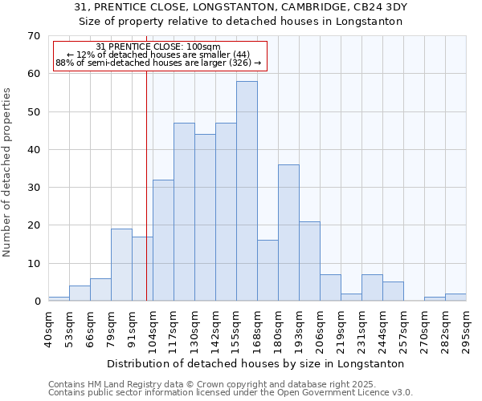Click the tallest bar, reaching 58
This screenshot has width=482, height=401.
pyautogui.click(x=247, y=191)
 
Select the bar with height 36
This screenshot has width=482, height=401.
pyautogui.click(x=288, y=233)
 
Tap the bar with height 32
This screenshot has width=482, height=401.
pyautogui.click(x=163, y=241)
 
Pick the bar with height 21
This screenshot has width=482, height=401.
pyautogui.click(x=309, y=261)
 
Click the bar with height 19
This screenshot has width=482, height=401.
pyautogui.click(x=121, y=265)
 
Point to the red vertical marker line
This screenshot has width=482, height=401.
pyautogui.click(x=146, y=184)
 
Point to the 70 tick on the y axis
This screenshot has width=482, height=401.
pyautogui.click(x=33, y=36)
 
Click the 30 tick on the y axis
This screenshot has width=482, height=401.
pyautogui.click(x=33, y=188)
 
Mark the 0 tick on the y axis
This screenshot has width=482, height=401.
pyautogui.click(x=36, y=302)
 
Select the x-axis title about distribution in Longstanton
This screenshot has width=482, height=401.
pyautogui.click(x=255, y=363)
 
